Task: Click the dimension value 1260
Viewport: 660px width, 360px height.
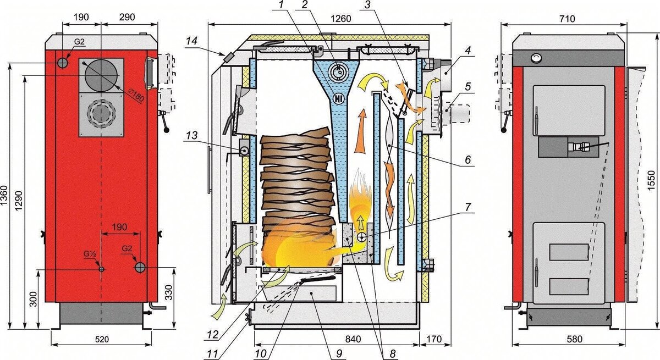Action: tap(340, 19)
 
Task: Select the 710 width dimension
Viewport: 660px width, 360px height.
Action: tap(567, 19)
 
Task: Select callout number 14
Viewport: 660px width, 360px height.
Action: tap(191, 41)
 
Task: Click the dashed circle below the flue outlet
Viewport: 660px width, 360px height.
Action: tap(101, 115)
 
